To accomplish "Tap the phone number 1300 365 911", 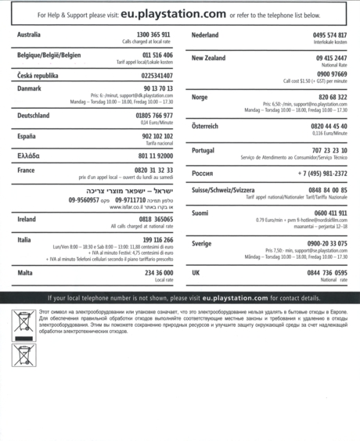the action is pos(153,35).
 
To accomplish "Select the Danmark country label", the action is pos(31,88).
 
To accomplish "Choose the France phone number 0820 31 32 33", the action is pos(153,170).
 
